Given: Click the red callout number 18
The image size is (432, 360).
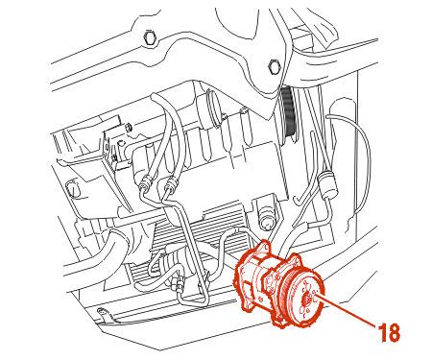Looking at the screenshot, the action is [x=389, y=332].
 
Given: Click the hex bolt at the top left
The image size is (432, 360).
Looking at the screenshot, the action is [x=150, y=37].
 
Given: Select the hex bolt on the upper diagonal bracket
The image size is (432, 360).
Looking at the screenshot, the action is [x=275, y=66].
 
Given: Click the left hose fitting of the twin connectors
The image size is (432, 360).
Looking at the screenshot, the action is [x=146, y=182].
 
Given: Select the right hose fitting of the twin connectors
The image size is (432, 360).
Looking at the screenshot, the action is [x=171, y=183].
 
